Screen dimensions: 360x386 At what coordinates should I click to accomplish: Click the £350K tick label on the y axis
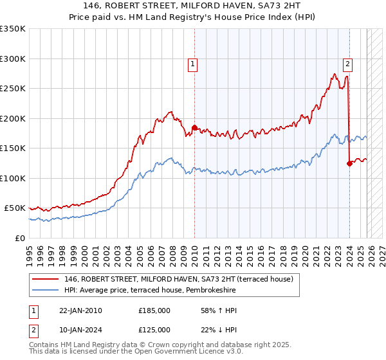pyautogui.click(x=13, y=29)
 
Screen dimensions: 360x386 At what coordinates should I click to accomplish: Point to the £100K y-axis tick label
pyautogui.click(x=13, y=178)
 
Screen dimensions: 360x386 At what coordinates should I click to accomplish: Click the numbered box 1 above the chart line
pyautogui.click(x=194, y=64)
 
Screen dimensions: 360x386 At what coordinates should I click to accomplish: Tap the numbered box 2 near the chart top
pyautogui.click(x=347, y=64)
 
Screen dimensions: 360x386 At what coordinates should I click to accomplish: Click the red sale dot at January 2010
pyautogui.click(x=194, y=127)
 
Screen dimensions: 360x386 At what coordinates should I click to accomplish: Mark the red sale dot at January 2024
pyautogui.click(x=349, y=163)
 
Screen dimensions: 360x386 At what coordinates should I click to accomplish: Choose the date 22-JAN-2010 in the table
pyautogui.click(x=80, y=310)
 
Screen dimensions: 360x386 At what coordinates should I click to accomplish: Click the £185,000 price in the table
pyautogui.click(x=154, y=310)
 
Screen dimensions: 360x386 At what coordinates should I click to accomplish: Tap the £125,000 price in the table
pyautogui.click(x=154, y=329)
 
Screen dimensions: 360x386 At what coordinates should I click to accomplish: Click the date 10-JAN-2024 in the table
pyautogui.click(x=80, y=329)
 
